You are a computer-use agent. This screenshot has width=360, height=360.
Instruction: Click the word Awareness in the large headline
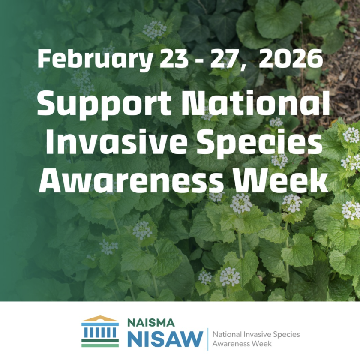(131, 180)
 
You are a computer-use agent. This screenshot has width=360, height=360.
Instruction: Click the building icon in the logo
(100, 331)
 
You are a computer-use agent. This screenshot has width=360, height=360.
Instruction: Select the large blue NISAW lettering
(165, 339)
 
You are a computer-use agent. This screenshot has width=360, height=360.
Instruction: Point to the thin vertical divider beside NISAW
(208, 339)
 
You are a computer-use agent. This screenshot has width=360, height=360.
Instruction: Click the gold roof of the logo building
(100, 319)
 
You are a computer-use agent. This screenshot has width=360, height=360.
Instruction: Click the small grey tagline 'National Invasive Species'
(256, 334)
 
